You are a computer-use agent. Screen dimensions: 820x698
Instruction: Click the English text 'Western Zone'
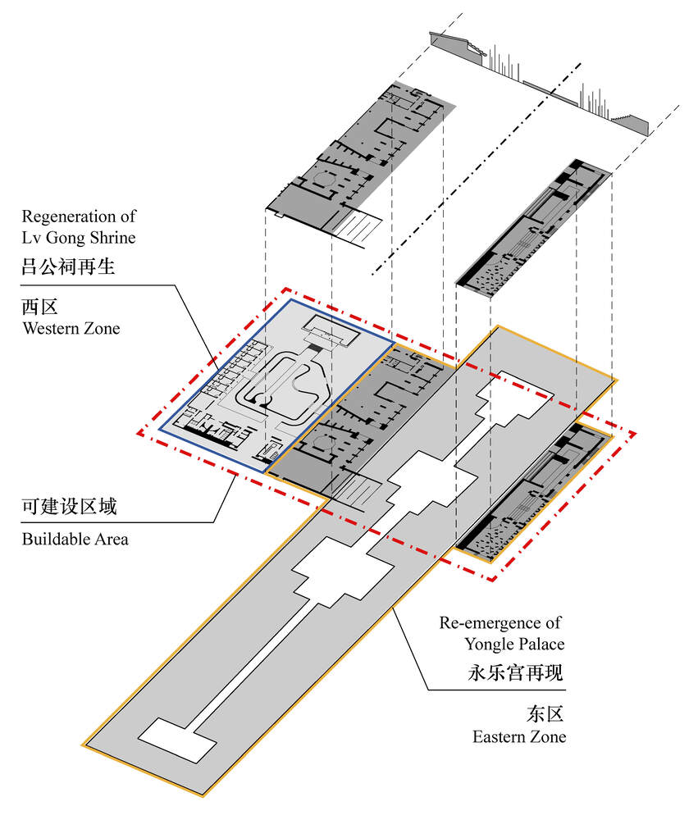coord(71,329)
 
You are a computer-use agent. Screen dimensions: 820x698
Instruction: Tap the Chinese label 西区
coord(40,307)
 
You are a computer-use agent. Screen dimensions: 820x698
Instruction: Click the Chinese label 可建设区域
coord(69,507)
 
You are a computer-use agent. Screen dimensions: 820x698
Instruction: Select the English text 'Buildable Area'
coord(75,540)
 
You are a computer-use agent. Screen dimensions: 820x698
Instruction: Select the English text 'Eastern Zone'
coord(518,736)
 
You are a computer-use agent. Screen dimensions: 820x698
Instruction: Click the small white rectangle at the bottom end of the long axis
coord(177,740)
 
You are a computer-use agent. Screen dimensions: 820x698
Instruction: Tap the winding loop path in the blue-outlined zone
coord(283,385)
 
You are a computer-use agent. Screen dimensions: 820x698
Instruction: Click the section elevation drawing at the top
coord(541,82)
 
